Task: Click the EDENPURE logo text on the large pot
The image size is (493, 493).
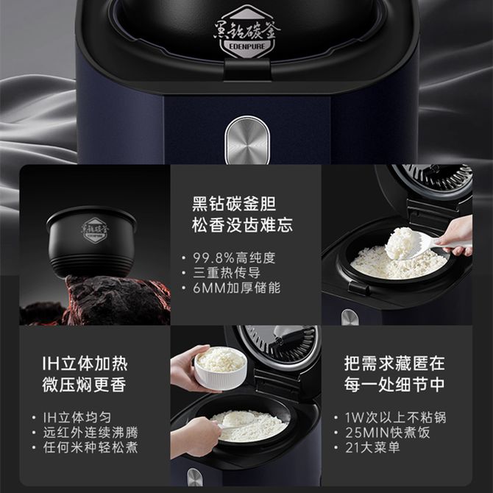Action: pos(247,46)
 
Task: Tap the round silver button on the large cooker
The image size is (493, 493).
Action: pos(247,141)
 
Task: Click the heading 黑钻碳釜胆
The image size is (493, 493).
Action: pos(234,204)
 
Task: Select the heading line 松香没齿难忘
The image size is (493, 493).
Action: pos(242,225)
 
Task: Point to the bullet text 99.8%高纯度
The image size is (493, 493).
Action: pos(234,258)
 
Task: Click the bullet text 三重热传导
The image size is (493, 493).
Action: pos(227,273)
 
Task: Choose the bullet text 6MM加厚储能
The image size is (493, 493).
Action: pos(236,288)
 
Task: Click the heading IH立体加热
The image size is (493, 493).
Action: pos(85,363)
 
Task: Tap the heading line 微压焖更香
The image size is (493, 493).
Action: pos(85,385)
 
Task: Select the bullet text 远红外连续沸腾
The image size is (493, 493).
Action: pos(91,433)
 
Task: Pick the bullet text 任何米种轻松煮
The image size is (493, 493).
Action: pos(91,447)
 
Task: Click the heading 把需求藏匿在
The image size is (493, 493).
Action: pos(394,363)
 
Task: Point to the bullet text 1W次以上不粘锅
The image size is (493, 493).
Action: pos(396,417)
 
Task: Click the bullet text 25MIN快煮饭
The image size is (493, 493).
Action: pos(387,433)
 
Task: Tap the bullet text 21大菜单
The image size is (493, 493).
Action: pos(372,447)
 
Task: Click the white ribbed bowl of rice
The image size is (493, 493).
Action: pos(221,368)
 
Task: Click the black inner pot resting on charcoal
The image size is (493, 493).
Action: pos(91,241)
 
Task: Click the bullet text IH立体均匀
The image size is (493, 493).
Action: pos(77,417)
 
